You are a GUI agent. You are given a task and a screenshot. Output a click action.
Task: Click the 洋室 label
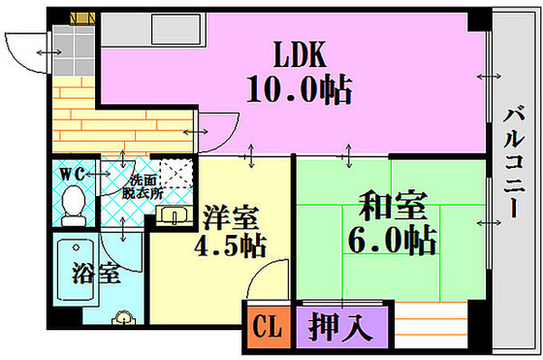click(227, 213)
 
